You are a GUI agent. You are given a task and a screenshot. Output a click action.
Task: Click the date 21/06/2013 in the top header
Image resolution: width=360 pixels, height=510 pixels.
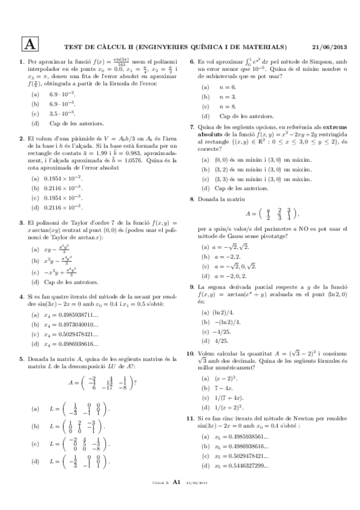click(330, 47)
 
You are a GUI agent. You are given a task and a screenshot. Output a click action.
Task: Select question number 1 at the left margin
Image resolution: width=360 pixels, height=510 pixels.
click(22, 62)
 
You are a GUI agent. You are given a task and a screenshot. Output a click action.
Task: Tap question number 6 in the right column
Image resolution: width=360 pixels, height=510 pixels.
click(192, 62)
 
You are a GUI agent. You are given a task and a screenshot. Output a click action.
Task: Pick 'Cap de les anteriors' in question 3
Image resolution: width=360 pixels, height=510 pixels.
click(66, 281)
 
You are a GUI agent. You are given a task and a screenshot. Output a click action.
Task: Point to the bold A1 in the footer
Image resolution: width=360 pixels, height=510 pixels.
click(177, 498)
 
